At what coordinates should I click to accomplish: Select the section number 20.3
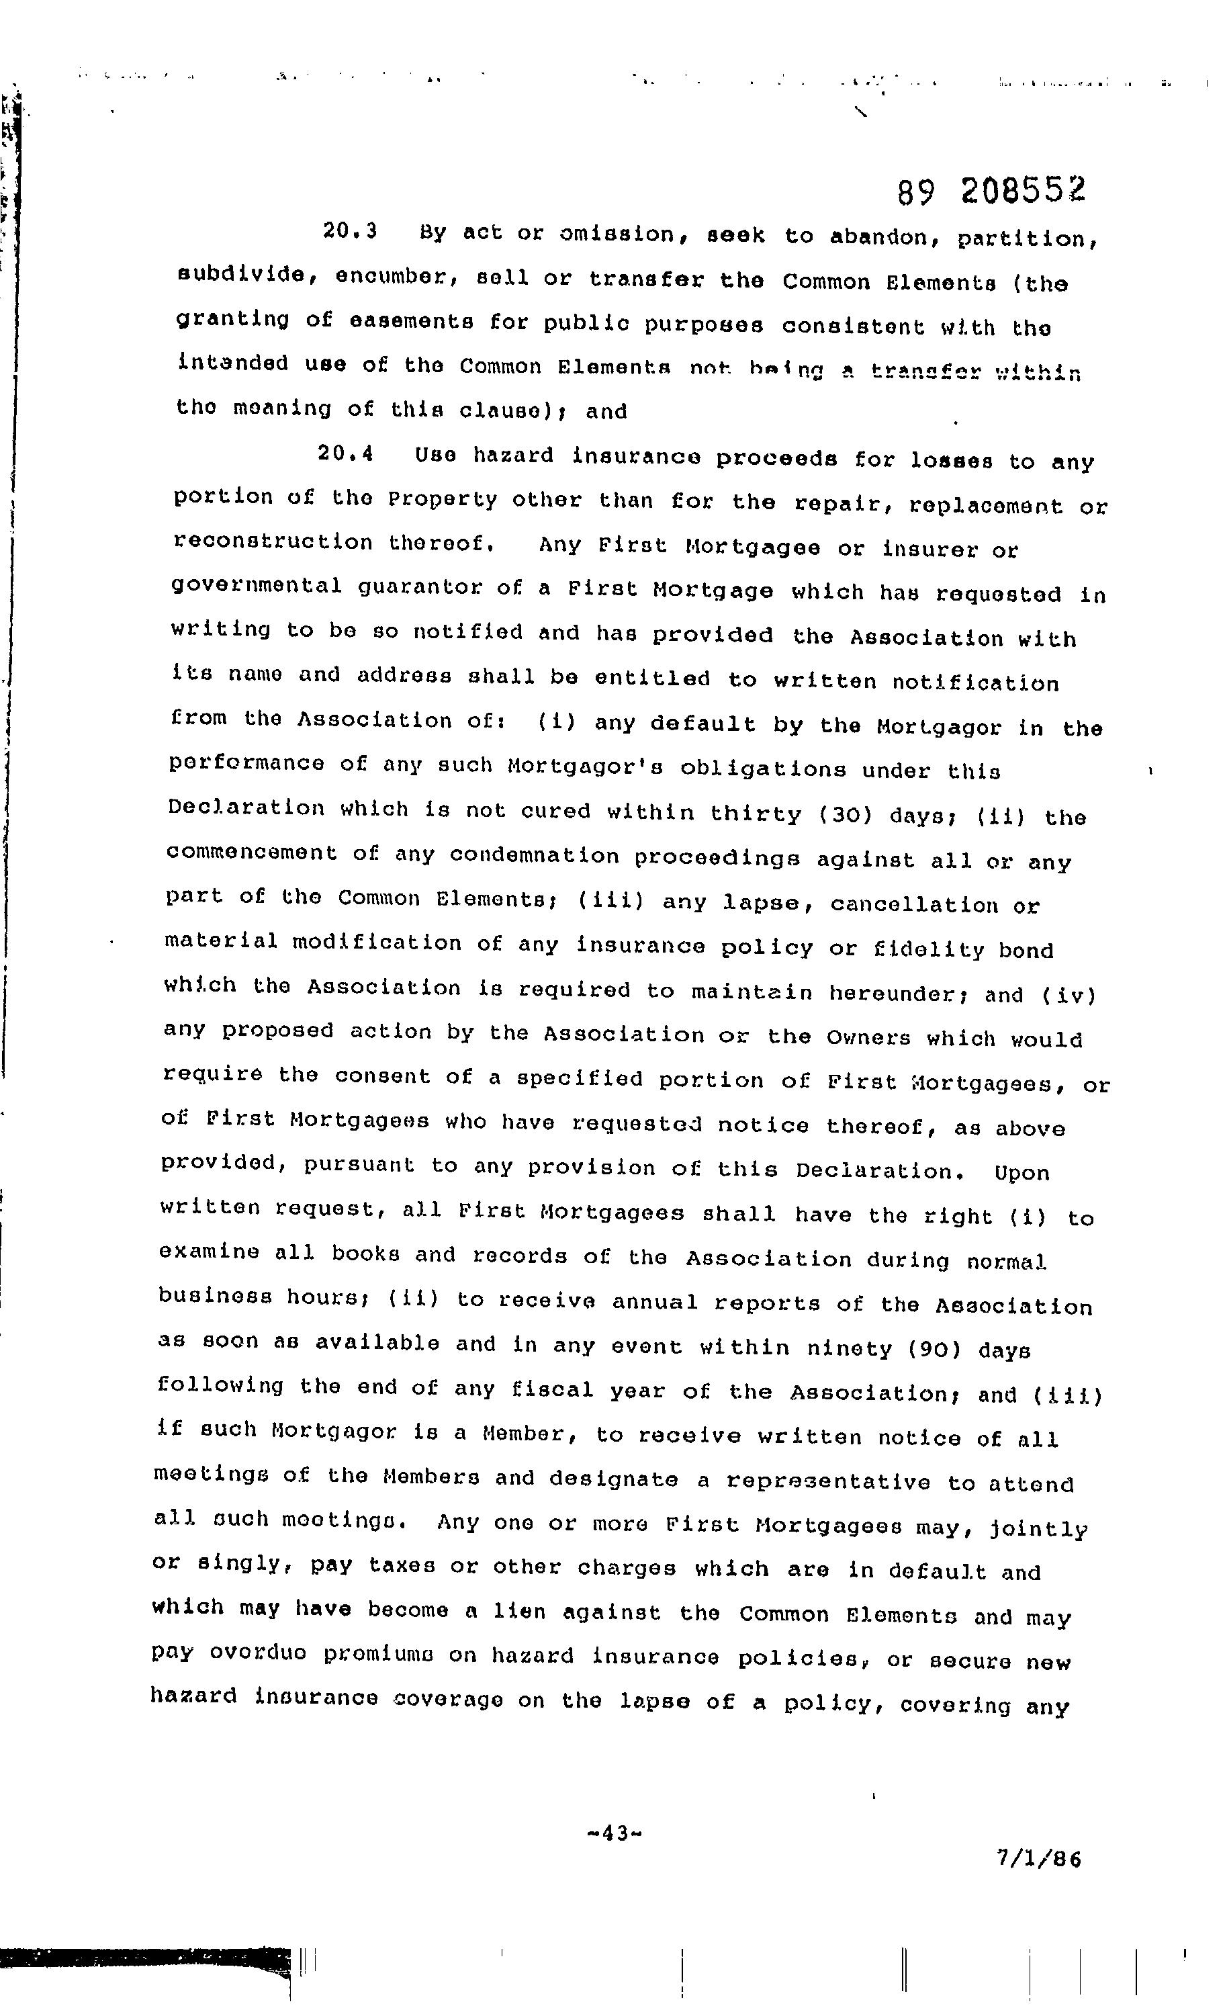[x=350, y=231]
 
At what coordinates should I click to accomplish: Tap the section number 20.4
[x=346, y=453]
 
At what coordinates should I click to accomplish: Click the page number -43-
[x=615, y=1834]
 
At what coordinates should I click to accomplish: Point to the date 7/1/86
[x=1039, y=1860]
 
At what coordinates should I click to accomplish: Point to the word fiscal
[x=552, y=1389]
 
